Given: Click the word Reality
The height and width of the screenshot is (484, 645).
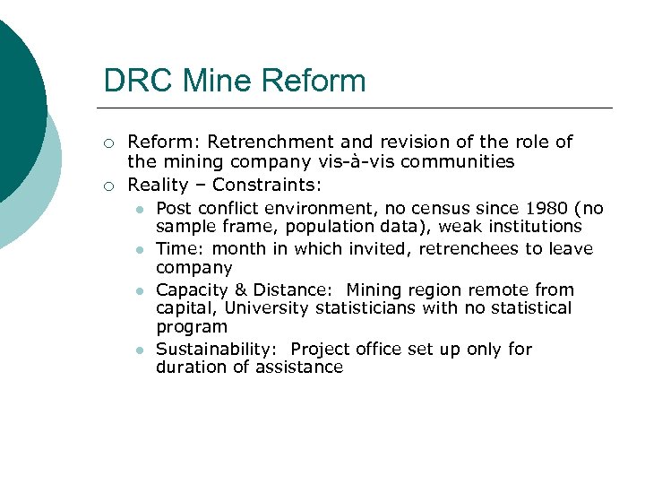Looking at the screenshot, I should point(158,185).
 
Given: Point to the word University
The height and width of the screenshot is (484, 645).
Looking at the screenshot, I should point(263,308).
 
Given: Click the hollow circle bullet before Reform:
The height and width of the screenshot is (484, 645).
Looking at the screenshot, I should point(108,143).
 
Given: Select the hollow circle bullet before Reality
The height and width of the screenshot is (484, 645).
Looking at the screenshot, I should point(108,186).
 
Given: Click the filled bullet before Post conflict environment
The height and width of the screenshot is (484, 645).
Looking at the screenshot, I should point(140,210).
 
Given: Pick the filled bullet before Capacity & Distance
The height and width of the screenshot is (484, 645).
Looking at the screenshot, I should point(140,290).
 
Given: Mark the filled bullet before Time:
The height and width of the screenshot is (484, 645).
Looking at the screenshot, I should point(140,249).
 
